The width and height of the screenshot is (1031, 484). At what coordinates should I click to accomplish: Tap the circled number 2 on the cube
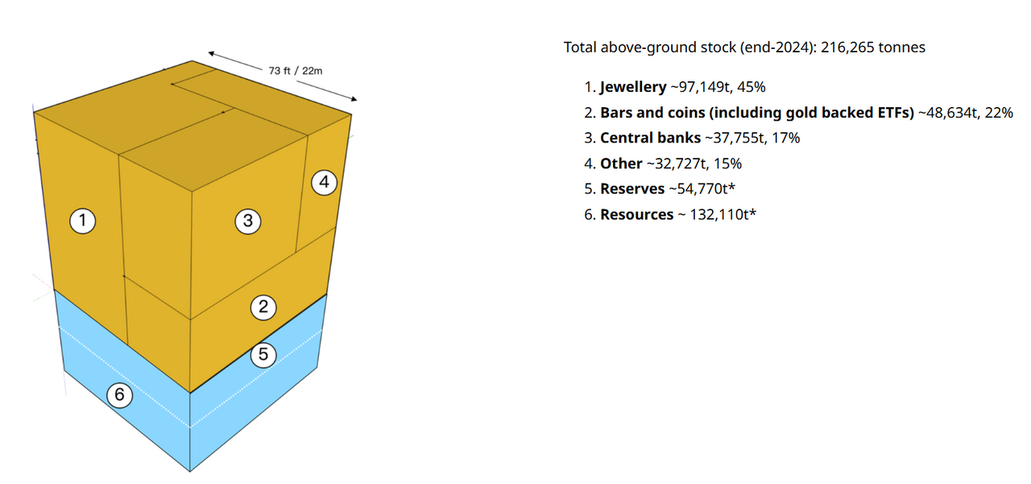point(263,307)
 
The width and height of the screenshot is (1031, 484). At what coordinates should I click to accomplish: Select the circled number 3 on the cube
point(248,221)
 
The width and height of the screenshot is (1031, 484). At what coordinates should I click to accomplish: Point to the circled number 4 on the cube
point(324,183)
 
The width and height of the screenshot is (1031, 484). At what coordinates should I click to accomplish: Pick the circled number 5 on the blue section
point(263,354)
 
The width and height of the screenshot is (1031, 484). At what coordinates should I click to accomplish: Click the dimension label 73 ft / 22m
point(296,71)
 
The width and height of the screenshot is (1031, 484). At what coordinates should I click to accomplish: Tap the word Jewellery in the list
point(633,87)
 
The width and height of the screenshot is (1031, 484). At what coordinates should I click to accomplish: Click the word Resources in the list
point(636,215)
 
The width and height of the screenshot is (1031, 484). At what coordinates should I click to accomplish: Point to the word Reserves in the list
point(632,189)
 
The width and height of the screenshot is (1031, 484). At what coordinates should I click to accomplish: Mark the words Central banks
point(650,138)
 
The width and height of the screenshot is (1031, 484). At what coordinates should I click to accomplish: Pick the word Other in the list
point(619,163)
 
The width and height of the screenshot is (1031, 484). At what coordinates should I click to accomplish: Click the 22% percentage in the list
point(999,113)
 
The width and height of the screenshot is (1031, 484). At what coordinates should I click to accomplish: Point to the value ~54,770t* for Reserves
point(702,189)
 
